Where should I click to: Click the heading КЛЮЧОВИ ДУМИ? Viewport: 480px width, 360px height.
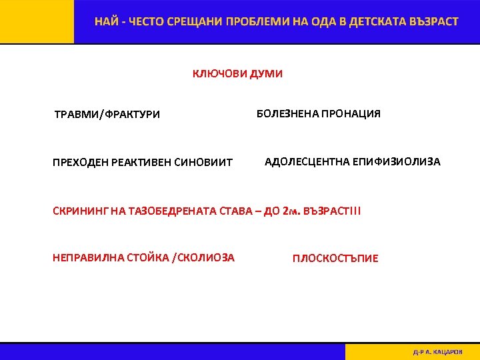(x=237, y=74)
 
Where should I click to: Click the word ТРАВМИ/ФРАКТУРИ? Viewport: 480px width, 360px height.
(x=107, y=115)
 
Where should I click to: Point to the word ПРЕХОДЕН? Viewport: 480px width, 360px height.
(x=79, y=163)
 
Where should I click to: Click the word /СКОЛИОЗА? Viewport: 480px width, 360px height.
(x=203, y=257)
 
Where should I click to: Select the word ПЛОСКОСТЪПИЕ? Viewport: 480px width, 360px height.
(x=335, y=259)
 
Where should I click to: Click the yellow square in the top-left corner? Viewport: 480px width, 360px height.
(x=37, y=21)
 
